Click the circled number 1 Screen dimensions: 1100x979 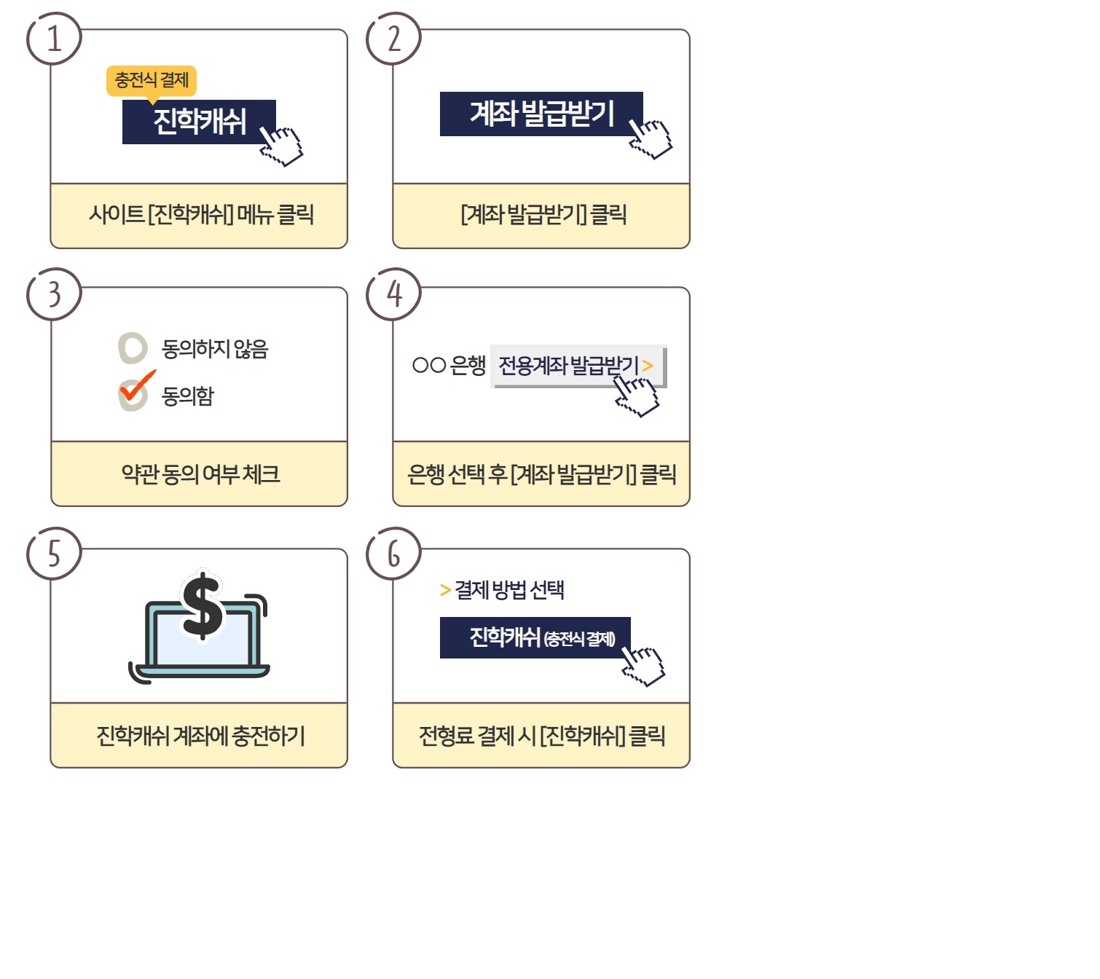tap(54, 39)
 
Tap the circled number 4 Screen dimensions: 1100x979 tap(393, 294)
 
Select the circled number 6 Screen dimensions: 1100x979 tap(393, 554)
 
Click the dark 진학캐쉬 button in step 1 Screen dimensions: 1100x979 tap(199, 122)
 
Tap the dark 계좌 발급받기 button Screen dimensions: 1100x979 tap(541, 114)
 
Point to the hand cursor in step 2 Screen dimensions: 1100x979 tap(650, 139)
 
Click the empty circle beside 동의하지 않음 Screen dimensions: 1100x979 tap(133, 347)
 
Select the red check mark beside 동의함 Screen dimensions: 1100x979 tap(138, 385)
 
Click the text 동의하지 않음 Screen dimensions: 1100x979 tap(215, 349)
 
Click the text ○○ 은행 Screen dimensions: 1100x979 tap(449, 366)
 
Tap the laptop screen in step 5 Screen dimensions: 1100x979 tap(203, 638)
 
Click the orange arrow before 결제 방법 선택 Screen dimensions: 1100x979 tap(445, 590)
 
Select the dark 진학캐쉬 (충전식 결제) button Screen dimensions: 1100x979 tap(535, 637)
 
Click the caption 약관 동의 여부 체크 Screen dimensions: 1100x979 tap(200, 474)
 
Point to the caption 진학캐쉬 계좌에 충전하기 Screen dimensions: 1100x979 tap(200, 736)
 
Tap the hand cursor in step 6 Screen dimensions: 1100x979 tap(643, 667)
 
